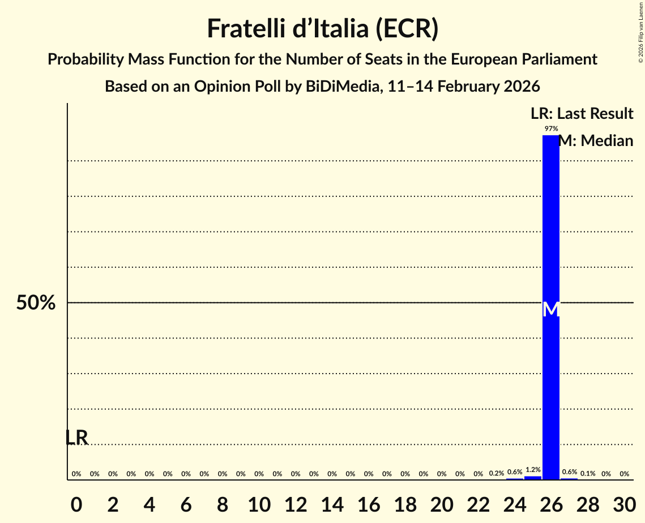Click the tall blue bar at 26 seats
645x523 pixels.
(551, 226)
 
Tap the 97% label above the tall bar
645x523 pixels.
(551, 129)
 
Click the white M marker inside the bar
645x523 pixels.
(551, 310)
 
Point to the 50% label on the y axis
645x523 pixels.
(36, 303)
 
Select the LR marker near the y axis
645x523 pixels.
(76, 438)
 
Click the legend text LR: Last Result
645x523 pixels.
(582, 114)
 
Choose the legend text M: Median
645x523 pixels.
(596, 141)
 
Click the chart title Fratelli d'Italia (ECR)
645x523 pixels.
(322, 29)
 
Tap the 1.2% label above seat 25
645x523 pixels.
(533, 470)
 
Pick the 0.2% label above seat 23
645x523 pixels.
(497, 473)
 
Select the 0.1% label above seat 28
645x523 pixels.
(588, 474)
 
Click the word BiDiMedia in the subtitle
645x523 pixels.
(346, 87)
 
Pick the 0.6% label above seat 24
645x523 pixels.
(515, 472)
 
